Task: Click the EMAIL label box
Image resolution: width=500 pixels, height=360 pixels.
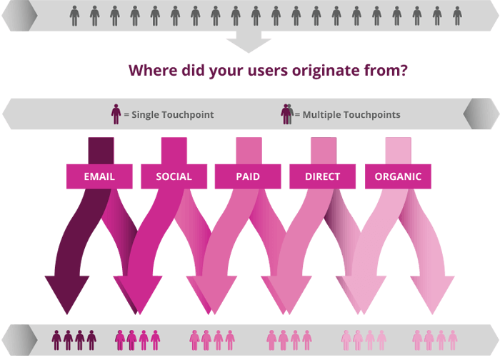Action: [99, 176]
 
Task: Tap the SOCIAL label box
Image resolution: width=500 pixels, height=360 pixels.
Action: [174, 176]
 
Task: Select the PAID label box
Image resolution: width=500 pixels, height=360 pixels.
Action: [248, 176]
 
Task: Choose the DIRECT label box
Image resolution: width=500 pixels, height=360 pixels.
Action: [322, 176]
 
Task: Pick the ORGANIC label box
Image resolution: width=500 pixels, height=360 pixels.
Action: [398, 176]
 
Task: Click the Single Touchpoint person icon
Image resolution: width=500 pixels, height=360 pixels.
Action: [116, 114]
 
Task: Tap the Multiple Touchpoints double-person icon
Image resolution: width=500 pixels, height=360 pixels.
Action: [286, 114]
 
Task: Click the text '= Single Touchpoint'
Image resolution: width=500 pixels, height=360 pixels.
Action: [168, 115]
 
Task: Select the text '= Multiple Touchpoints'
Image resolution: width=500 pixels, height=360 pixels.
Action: [347, 115]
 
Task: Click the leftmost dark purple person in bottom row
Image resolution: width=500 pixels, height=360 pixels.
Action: [57, 340]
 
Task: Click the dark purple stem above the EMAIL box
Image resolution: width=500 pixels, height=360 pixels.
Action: [100, 150]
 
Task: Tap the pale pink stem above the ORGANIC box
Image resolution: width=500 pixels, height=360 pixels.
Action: [399, 150]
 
